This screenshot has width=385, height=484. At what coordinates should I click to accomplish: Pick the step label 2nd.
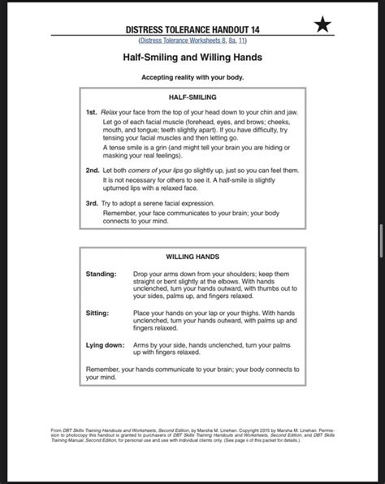coord(93,170)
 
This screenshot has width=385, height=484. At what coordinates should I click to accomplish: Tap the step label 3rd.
coord(93,203)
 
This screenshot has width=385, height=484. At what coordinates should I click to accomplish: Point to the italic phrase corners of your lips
coord(151,170)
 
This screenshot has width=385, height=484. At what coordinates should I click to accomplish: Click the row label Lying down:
coord(105,344)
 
